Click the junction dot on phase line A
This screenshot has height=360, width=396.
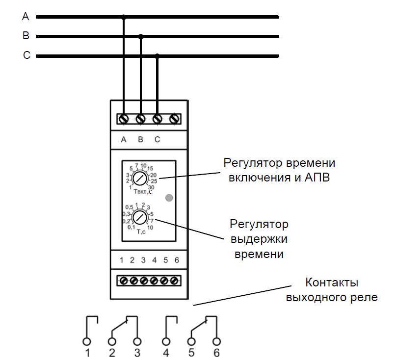click(124, 17)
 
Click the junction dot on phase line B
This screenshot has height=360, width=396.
click(141, 37)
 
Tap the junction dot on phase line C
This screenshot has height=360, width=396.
click(157, 56)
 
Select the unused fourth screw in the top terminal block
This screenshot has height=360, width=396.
click(174, 119)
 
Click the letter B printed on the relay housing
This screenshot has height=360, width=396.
click(141, 139)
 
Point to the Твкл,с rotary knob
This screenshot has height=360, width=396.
click(140, 178)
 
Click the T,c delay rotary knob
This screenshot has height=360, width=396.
click(140, 217)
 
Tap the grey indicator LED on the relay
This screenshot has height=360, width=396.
click(169, 198)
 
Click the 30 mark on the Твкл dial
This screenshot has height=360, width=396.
click(151, 187)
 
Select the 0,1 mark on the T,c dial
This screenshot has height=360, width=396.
click(132, 227)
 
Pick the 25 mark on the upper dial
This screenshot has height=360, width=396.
click(154, 181)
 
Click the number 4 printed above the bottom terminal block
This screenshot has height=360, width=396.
click(154, 260)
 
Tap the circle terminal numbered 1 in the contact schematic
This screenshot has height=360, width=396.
click(87, 341)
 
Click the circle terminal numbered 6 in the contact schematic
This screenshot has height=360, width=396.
click(216, 341)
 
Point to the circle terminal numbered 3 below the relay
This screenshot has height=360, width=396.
click(137, 341)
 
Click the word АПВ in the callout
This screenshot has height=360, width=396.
click(317, 178)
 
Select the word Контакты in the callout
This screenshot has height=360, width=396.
click(332, 282)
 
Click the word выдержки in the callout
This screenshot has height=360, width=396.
click(259, 239)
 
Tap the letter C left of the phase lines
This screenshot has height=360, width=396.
click(26, 55)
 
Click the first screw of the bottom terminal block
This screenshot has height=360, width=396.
click(124, 281)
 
